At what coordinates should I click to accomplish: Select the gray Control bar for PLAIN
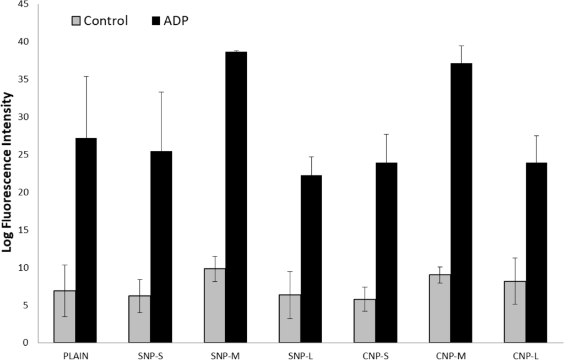[x=64, y=317]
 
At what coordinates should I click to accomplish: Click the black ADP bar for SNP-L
[x=311, y=259]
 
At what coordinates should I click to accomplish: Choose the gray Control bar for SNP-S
[x=140, y=319]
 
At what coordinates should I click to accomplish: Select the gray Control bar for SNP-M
[x=215, y=306]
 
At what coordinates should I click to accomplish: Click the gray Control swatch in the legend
[x=76, y=21]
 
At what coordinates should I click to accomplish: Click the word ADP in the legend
[x=177, y=21]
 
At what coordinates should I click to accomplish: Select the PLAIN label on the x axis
[x=75, y=353]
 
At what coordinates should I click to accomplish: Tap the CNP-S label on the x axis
[x=376, y=353]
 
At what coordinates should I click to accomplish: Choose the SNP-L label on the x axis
[x=300, y=353]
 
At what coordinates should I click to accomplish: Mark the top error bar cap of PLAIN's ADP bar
[x=86, y=77]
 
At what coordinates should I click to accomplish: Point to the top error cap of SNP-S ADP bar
[x=161, y=92]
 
